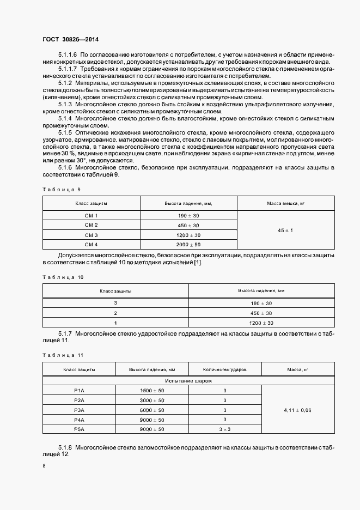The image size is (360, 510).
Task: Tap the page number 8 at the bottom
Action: click(44, 465)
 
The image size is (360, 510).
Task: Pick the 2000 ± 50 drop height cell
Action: click(188, 244)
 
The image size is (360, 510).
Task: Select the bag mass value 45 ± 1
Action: click(285, 230)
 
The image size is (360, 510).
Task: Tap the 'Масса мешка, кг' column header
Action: click(285, 203)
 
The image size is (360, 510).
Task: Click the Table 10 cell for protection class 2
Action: click(115, 313)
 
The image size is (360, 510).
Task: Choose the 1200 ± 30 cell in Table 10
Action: click(261, 323)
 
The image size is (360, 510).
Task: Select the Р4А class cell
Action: click(79, 420)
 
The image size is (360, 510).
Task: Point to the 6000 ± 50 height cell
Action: click(152, 410)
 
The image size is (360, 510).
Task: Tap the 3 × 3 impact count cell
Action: click(224, 429)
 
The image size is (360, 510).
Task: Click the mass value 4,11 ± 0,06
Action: click(298, 410)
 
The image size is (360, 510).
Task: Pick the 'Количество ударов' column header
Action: click(224, 369)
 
